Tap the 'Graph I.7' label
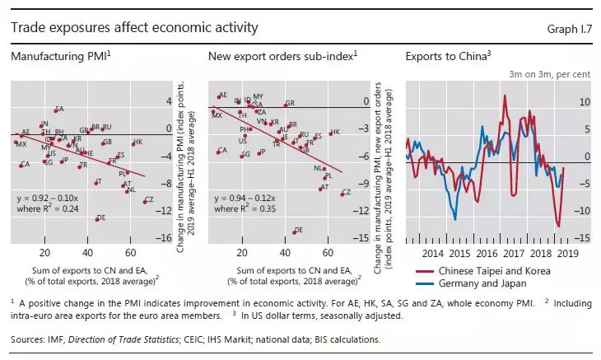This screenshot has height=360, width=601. [x=568, y=29]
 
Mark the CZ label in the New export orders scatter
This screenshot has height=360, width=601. [x=347, y=193]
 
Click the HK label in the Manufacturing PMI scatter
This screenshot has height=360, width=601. [x=138, y=143]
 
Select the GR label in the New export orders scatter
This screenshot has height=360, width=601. [x=289, y=104]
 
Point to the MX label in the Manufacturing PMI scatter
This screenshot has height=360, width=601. [x=22, y=144]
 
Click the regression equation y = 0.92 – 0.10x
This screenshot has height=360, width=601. [x=54, y=199]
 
